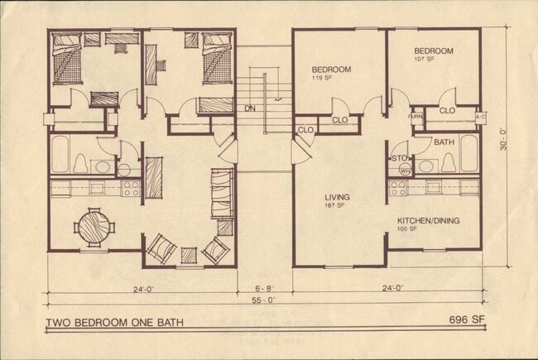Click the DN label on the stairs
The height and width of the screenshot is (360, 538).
tap(249, 108)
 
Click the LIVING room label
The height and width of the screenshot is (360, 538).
tap(337, 197)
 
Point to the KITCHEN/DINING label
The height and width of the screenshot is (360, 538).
tap(428, 220)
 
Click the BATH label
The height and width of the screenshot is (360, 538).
tap(444, 142)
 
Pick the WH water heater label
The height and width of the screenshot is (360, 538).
tap(405, 170)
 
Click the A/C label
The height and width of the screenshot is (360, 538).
tap(480, 118)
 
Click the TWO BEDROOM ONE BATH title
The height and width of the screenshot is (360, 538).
tap(114, 322)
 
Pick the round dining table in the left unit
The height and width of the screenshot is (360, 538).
tap(91, 225)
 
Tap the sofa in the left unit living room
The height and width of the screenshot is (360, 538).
tap(222, 194)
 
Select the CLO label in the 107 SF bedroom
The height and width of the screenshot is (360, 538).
tap(447, 110)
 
